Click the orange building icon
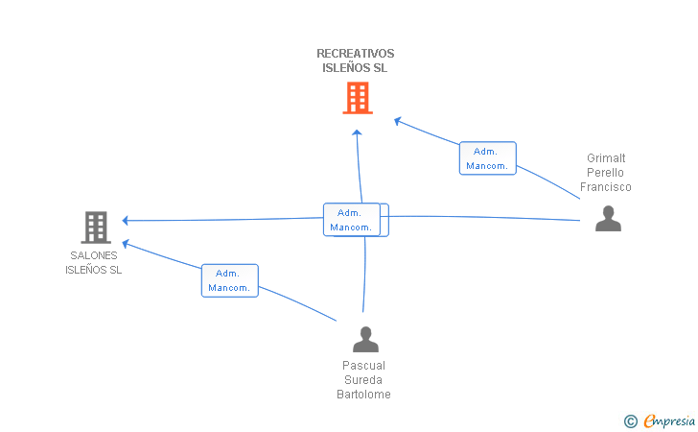tap(358, 98)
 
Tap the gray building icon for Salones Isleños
tap(96, 228)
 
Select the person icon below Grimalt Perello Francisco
tap(608, 219)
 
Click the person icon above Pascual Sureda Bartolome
tap(365, 339)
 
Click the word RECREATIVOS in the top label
tap(355, 54)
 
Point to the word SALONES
tap(94, 255)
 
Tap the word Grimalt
tap(606, 158)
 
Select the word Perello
tap(605, 173)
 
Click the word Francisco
tap(605, 187)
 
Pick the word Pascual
tap(363, 366)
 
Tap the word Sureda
tap(363, 380)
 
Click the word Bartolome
tap(363, 395)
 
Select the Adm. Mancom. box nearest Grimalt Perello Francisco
tap(487, 158)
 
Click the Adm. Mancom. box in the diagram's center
tap(352, 220)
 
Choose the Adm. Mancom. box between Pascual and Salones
tap(230, 280)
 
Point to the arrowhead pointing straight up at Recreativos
tap(357, 132)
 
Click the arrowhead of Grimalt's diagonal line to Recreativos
tap(398, 121)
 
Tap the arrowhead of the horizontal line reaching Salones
tap(125, 220)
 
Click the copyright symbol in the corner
tap(630, 421)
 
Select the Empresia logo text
tap(669, 421)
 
